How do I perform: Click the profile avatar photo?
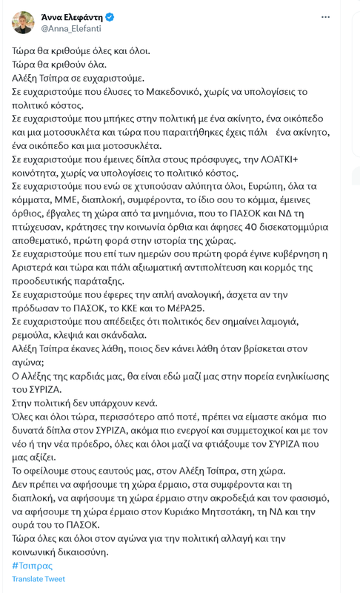click(23, 23)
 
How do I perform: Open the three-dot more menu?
click(326, 17)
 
